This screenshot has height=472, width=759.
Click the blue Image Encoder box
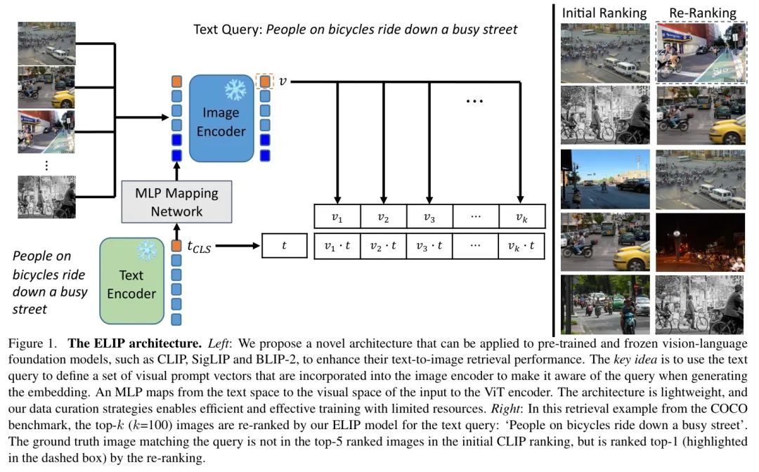[x=221, y=120]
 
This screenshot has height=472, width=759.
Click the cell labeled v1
[x=337, y=217]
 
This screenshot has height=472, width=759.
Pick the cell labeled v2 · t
[x=383, y=246]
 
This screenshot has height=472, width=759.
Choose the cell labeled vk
[x=521, y=217]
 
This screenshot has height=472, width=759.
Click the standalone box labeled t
[x=284, y=246]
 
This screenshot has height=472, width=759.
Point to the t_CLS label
[x=200, y=247]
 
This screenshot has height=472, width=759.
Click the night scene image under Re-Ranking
[x=700, y=242]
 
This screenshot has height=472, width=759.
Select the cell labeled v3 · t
[x=429, y=246]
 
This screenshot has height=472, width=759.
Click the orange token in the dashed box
[x=264, y=82]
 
